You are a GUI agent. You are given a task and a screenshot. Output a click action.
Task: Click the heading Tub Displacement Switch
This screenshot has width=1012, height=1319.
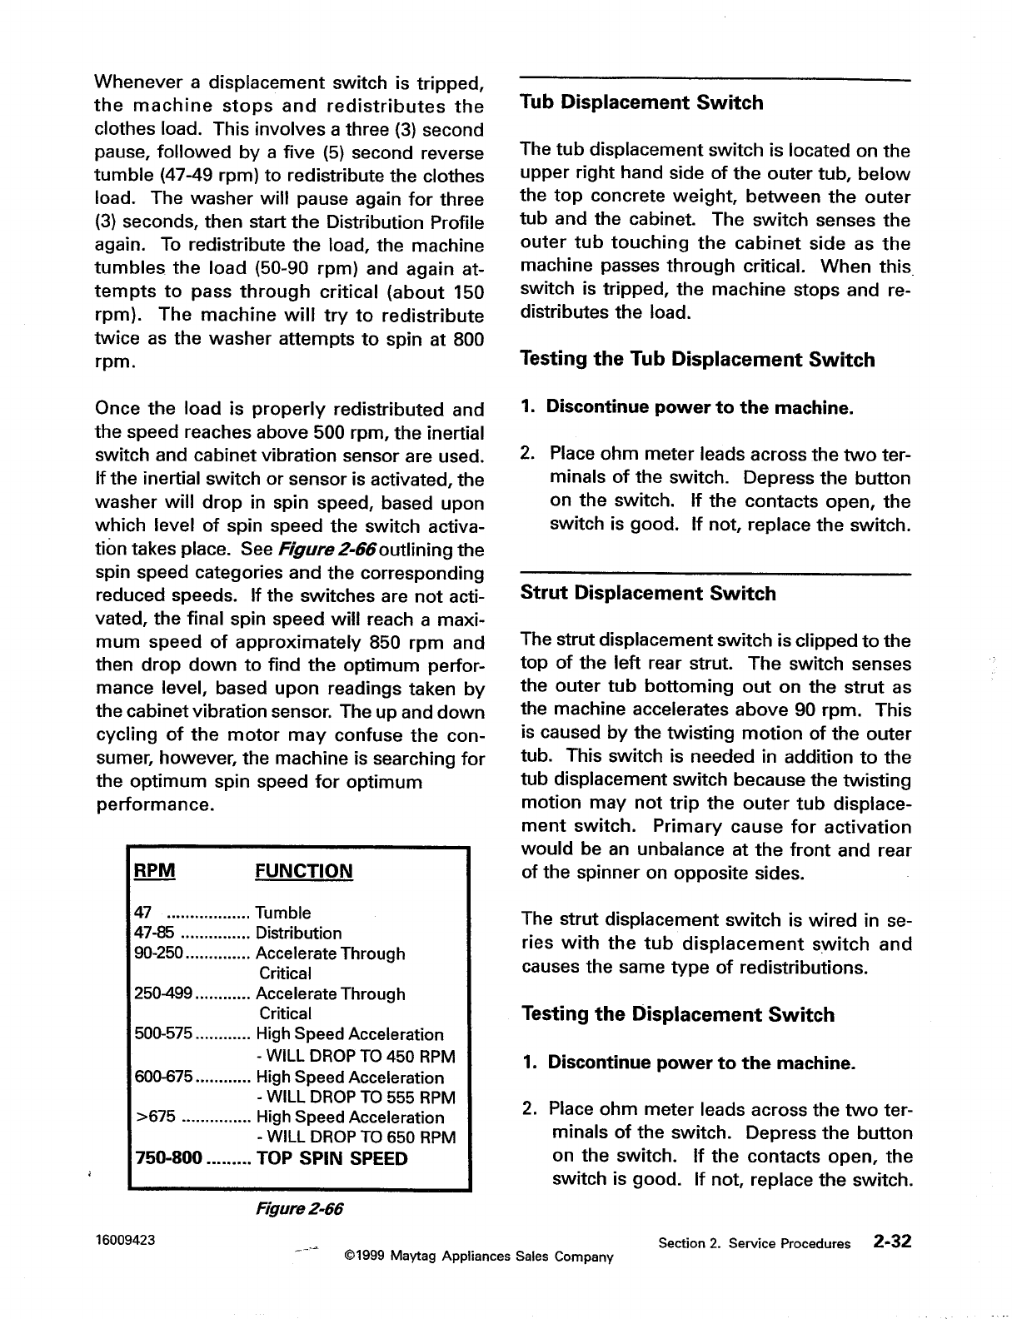pos(641,103)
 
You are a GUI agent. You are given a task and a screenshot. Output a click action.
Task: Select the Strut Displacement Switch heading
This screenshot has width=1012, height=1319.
pos(648,594)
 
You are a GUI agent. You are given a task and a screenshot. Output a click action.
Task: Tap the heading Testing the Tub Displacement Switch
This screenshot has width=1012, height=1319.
pos(697,361)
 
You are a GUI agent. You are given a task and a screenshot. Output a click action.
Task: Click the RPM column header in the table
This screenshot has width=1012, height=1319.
pos(155,871)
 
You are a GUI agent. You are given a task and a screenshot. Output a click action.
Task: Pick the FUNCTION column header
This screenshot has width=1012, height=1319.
pos(304,872)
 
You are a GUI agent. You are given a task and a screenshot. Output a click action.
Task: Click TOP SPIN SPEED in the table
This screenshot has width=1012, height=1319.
pos(332,1159)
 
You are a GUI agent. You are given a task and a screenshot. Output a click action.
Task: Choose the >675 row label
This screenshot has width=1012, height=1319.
pos(154,1117)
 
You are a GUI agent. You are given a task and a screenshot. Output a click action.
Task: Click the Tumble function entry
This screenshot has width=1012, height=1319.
pos(283,913)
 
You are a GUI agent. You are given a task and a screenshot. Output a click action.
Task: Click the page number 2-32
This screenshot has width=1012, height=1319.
pos(892,1242)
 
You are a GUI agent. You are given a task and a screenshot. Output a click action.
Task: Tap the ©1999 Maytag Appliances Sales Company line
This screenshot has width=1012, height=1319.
pos(478,1256)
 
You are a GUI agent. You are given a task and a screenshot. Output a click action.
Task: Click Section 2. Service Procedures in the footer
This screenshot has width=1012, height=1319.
pos(754,1244)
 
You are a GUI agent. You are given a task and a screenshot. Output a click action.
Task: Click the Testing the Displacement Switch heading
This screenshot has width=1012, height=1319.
pos(677,1015)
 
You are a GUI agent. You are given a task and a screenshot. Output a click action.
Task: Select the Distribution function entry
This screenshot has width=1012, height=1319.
pos(298,933)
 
